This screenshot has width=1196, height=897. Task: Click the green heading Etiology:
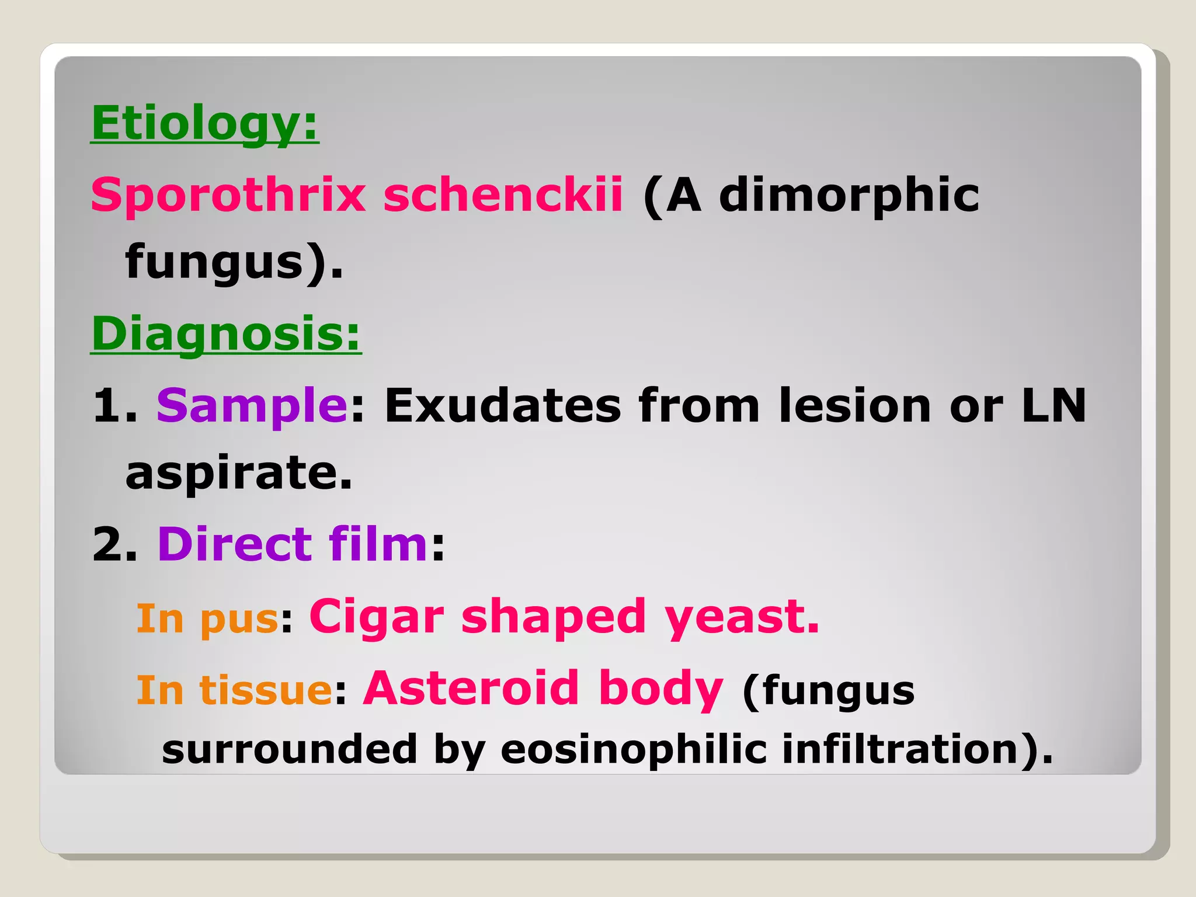click(205, 124)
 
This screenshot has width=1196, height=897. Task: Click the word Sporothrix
click(228, 195)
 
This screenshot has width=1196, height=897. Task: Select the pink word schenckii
click(503, 195)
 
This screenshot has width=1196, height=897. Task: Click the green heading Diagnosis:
click(226, 334)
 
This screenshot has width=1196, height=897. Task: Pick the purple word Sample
click(252, 406)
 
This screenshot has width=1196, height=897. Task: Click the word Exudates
click(503, 405)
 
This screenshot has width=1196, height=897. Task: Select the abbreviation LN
click(1054, 405)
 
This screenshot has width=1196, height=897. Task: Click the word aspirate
click(238, 473)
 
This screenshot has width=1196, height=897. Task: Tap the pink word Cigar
click(377, 618)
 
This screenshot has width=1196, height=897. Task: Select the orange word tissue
click(266, 690)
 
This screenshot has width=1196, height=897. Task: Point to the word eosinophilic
click(633, 750)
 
